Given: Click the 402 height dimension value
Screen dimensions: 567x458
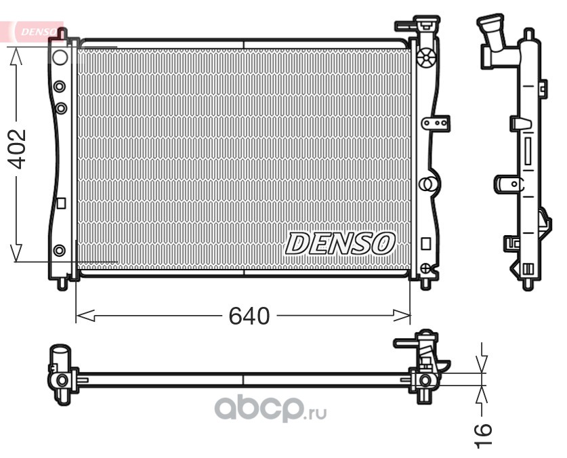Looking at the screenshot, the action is (x=17, y=149).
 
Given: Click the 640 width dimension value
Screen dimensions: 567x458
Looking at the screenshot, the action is (x=249, y=316).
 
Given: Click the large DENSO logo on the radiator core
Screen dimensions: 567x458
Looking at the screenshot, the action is (x=340, y=243).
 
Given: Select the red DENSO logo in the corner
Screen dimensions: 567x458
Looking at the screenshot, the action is (x=38, y=32).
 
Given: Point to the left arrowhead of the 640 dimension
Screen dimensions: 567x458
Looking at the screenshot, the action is (x=85, y=316).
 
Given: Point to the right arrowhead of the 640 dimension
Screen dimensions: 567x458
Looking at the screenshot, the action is (x=402, y=316).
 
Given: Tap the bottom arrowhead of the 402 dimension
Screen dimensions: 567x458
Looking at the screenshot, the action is (x=16, y=253).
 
